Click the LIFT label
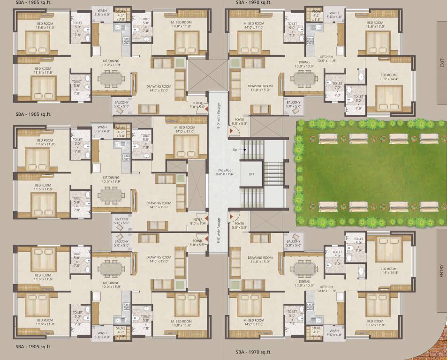click(x=251, y=174)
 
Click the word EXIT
click(x=441, y=63)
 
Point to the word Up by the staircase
click(x=235, y=150)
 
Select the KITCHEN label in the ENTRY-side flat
click(x=327, y=289)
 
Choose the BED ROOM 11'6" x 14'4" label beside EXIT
click(x=388, y=77)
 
